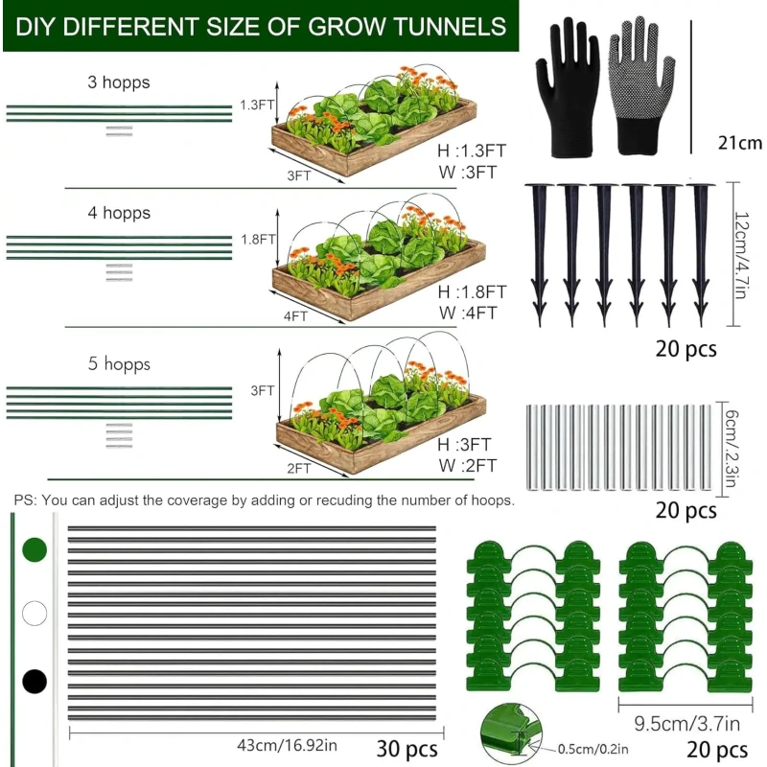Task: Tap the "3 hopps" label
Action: pyautogui.click(x=119, y=82)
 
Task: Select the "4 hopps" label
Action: pyautogui.click(x=119, y=213)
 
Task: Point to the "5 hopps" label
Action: pyautogui.click(x=119, y=364)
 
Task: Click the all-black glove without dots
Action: pyautogui.click(x=568, y=88)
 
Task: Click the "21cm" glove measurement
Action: pyautogui.click(x=739, y=143)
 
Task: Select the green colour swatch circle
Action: pyautogui.click(x=35, y=549)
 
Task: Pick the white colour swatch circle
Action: pyautogui.click(x=35, y=613)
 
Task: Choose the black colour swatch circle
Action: pyautogui.click(x=35, y=682)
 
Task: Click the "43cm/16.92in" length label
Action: pyautogui.click(x=287, y=745)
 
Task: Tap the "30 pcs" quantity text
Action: pyautogui.click(x=407, y=749)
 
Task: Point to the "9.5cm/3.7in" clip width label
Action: pyautogui.click(x=686, y=724)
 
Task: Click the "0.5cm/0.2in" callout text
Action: pyautogui.click(x=593, y=749)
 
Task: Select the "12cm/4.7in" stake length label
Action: pyautogui.click(x=741, y=255)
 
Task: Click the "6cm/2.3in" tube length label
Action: pyautogui.click(x=731, y=449)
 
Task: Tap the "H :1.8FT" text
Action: pyautogui.click(x=472, y=292)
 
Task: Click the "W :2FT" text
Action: pyautogui.click(x=468, y=465)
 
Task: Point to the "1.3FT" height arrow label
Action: pyautogui.click(x=257, y=105)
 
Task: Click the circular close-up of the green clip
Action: pyautogui.click(x=511, y=733)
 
